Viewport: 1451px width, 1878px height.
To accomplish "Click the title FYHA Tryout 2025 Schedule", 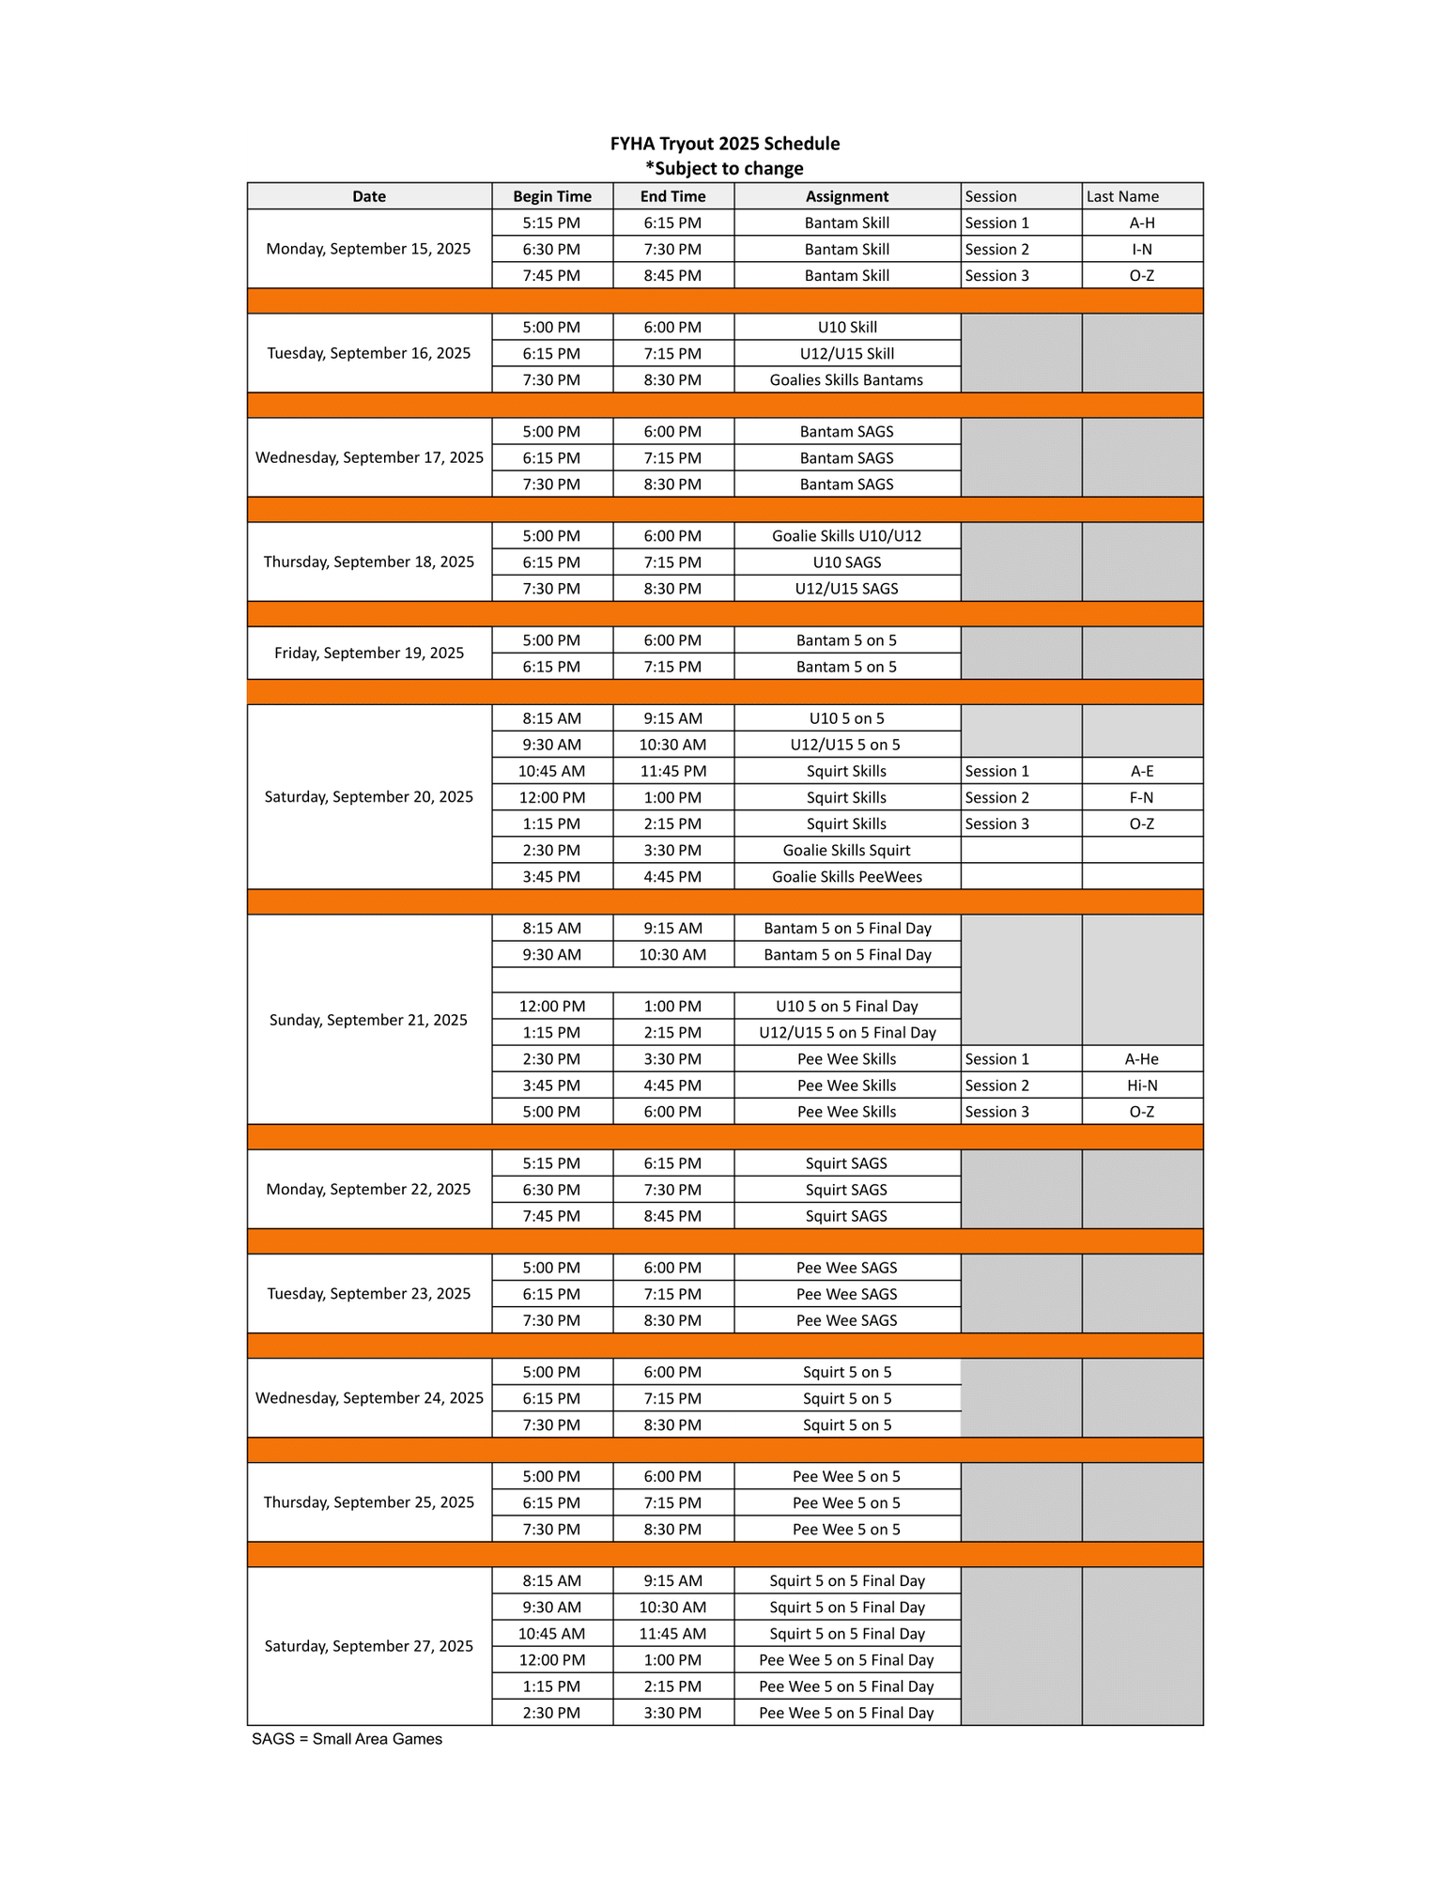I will tap(724, 144).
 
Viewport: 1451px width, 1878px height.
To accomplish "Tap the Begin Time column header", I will tap(552, 196).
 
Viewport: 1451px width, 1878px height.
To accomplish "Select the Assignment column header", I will tap(846, 196).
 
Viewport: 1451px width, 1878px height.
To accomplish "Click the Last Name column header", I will tap(1122, 196).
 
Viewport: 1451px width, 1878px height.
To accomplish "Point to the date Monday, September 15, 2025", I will tap(368, 249).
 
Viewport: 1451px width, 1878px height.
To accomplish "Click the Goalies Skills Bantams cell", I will tap(846, 380).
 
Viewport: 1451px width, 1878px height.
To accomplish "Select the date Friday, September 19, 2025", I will tap(368, 653).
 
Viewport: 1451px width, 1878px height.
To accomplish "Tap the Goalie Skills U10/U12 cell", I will tap(846, 536).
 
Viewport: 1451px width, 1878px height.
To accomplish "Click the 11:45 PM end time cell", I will tap(672, 771).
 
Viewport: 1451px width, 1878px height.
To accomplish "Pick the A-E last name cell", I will tap(1142, 771).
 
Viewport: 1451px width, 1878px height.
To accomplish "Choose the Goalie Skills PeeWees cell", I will tap(846, 877).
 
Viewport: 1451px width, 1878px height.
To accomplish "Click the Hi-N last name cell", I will tap(1142, 1085).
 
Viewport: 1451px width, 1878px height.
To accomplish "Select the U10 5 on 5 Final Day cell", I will tap(846, 1007).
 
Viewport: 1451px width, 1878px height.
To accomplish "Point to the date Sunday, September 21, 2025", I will tap(368, 1020).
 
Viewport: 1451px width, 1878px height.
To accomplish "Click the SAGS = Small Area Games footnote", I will tap(347, 1739).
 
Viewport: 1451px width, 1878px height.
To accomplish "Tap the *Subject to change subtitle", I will tap(724, 169).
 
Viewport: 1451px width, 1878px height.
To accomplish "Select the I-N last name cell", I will tap(1142, 250).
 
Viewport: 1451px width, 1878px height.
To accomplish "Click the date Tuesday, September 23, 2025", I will tap(368, 1294).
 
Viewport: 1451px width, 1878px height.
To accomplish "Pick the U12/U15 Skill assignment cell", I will tap(846, 354).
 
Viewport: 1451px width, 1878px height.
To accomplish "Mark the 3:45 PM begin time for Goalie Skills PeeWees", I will tap(552, 877).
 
